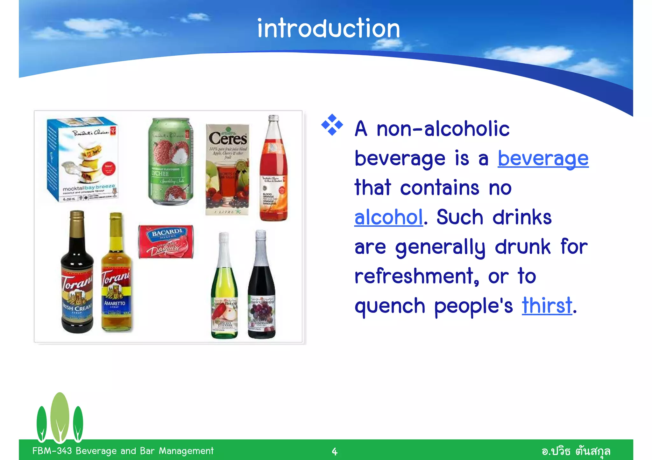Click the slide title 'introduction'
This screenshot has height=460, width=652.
pos(328,29)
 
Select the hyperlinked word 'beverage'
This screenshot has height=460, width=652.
pos(543,158)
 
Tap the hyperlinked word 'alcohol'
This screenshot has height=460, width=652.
pos(388,217)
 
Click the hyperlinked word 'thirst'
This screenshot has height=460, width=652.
pos(547,306)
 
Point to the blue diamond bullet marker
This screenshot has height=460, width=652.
pos(332,125)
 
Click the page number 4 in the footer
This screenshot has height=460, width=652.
pos(334,451)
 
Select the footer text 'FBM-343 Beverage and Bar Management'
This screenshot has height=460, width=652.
pos(123,451)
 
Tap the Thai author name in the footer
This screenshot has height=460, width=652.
pos(576,451)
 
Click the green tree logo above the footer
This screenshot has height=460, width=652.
pos(60,418)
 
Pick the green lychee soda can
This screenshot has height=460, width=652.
pos(171,161)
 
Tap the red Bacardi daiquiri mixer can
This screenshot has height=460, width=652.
pos(166,242)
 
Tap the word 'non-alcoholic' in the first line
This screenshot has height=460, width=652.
pos(443,129)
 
